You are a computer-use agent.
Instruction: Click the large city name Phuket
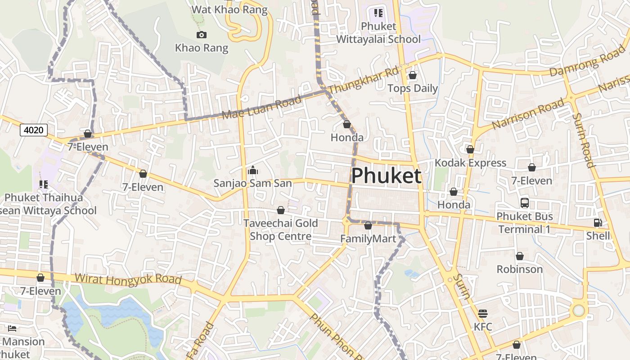[x=386, y=176]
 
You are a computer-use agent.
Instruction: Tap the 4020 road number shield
[x=34, y=130]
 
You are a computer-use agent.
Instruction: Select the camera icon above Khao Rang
[x=201, y=35]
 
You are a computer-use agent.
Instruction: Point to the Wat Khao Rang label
[x=229, y=9]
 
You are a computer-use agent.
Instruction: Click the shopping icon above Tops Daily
[x=412, y=75]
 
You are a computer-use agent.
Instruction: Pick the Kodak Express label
[x=470, y=162]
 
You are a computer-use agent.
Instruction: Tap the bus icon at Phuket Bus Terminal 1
[x=525, y=202]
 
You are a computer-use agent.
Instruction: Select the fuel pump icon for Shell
[x=598, y=222]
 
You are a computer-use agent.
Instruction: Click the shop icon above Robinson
[x=520, y=256]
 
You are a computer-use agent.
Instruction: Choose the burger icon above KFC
[x=483, y=313]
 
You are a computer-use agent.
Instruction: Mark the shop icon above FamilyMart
[x=368, y=225]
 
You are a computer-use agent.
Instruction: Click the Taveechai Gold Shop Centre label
[x=281, y=229]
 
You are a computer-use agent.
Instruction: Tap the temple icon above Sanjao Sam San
[x=252, y=170]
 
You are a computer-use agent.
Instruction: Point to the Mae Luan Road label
[x=262, y=108]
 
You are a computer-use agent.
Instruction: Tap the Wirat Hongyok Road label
[x=128, y=279]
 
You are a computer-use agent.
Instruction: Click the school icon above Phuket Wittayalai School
[x=378, y=13]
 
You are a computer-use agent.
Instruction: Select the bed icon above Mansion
[x=12, y=328]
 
